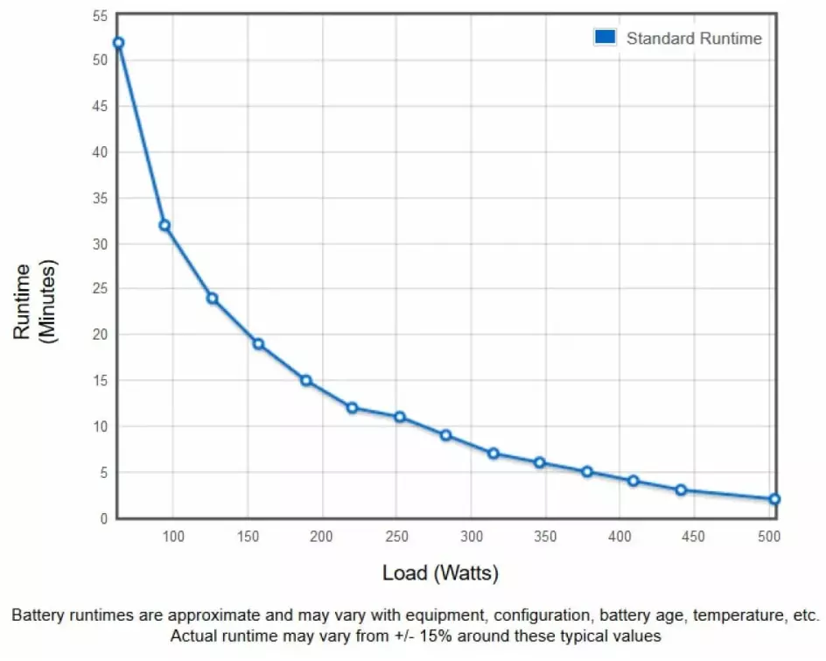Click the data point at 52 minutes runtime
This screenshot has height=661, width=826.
click(x=118, y=43)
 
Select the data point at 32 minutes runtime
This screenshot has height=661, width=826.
click(x=164, y=225)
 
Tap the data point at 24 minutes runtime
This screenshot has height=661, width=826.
click(x=212, y=298)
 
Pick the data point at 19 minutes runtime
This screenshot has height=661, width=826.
click(x=258, y=343)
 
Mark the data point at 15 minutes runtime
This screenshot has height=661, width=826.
click(x=306, y=380)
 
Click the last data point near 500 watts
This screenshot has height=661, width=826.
click(x=774, y=499)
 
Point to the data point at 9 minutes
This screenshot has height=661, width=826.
click(x=445, y=435)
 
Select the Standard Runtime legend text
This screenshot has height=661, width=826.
click(x=694, y=39)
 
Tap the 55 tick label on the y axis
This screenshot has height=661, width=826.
click(x=99, y=15)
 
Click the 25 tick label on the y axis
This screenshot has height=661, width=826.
click(x=99, y=289)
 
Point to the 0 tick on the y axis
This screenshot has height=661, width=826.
click(x=102, y=518)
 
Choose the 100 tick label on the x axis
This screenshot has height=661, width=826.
click(x=173, y=536)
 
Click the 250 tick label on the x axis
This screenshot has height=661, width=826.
click(x=396, y=536)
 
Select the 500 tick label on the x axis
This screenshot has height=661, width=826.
click(x=768, y=536)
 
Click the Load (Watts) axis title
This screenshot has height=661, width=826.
click(x=440, y=573)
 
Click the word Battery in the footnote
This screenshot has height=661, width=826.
click(x=38, y=615)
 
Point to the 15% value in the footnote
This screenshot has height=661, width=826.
click(x=449, y=635)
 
